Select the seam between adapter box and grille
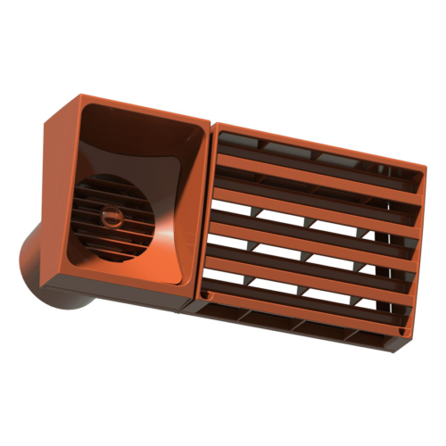click(x=210, y=214)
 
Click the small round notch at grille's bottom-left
click(x=208, y=293)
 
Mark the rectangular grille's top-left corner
click(x=218, y=126)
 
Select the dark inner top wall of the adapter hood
click(x=143, y=125)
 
